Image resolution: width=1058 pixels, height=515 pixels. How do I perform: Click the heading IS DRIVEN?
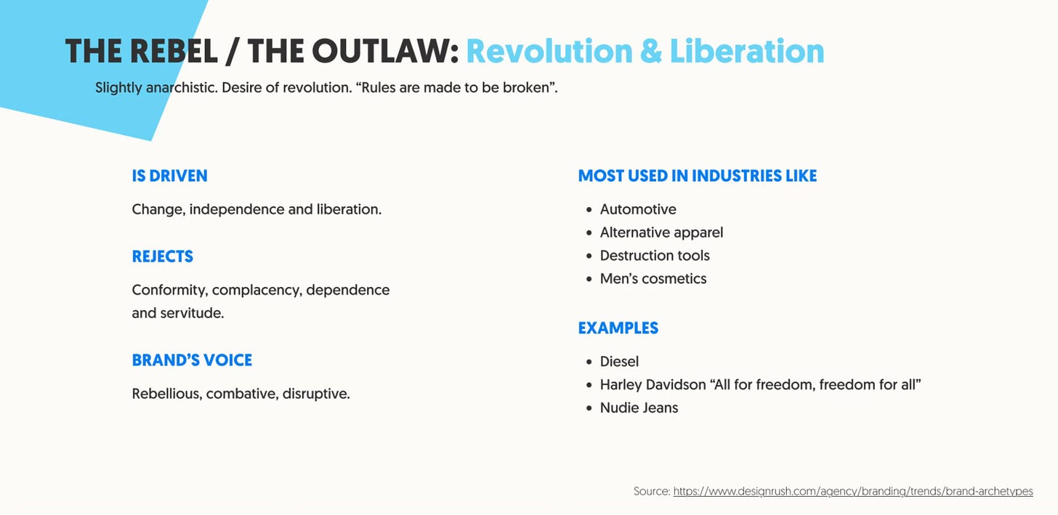tap(169, 176)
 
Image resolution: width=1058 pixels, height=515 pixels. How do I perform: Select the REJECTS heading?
tap(162, 256)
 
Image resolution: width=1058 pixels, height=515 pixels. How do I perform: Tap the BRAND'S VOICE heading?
tap(192, 360)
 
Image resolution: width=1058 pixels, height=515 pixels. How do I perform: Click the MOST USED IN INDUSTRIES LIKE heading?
tap(697, 176)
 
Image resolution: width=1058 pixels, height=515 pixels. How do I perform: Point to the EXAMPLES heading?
tap(618, 328)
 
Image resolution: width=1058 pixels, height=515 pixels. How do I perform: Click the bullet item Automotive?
tap(637, 209)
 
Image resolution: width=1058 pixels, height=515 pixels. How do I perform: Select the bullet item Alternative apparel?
tap(661, 232)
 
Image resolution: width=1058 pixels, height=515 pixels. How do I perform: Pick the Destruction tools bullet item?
tap(654, 256)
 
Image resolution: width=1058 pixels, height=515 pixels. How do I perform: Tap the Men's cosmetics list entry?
tap(653, 279)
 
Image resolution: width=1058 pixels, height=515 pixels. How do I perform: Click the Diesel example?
tap(619, 362)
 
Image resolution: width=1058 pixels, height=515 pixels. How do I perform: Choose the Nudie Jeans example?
tap(639, 408)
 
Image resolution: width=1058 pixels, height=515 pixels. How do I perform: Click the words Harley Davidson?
tap(653, 385)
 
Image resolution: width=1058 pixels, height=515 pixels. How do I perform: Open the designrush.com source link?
tap(852, 492)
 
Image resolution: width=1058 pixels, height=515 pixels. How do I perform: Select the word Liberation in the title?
tap(746, 52)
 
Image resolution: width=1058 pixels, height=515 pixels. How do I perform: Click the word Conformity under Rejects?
tap(169, 291)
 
